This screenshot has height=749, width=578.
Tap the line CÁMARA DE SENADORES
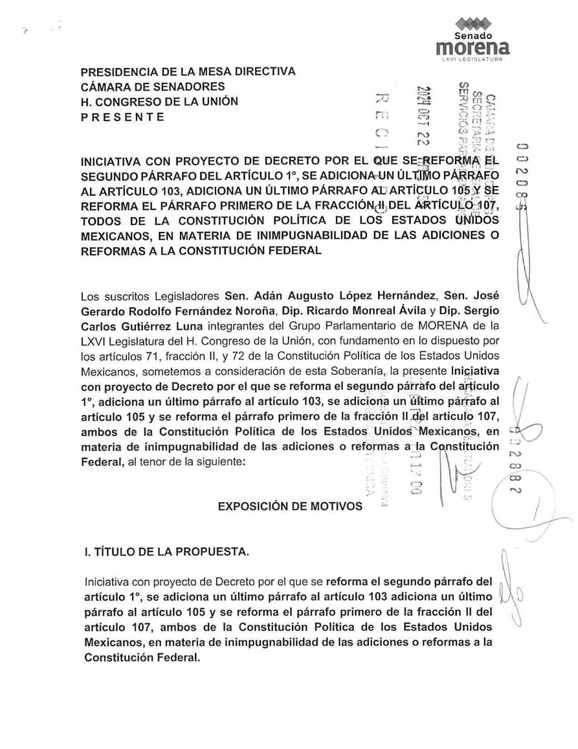tap(153, 86)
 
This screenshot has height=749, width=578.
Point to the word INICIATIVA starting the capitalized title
tap(111, 162)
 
